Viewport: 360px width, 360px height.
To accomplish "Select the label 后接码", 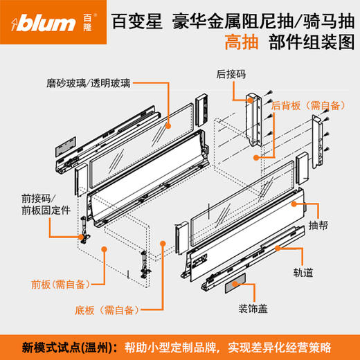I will coord(229,71).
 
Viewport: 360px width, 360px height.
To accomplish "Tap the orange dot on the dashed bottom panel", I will coord(161,243).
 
